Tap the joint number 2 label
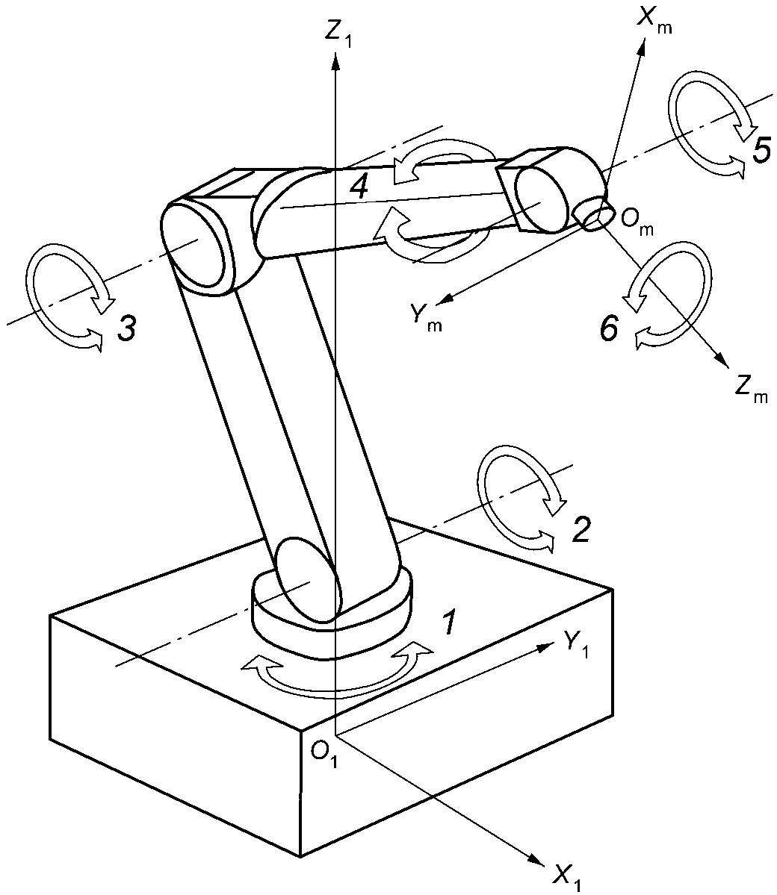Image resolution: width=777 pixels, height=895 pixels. [x=581, y=529]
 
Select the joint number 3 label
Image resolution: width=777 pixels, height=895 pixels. [x=126, y=328]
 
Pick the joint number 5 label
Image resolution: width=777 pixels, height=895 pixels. [x=761, y=151]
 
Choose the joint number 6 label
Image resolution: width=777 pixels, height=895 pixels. [x=609, y=328]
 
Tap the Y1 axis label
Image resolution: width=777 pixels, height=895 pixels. [x=575, y=643]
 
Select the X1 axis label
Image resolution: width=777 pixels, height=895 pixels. [x=568, y=874]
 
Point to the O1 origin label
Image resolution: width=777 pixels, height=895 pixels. [x=324, y=754]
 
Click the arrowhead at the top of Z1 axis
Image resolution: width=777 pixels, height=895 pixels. [x=336, y=60]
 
